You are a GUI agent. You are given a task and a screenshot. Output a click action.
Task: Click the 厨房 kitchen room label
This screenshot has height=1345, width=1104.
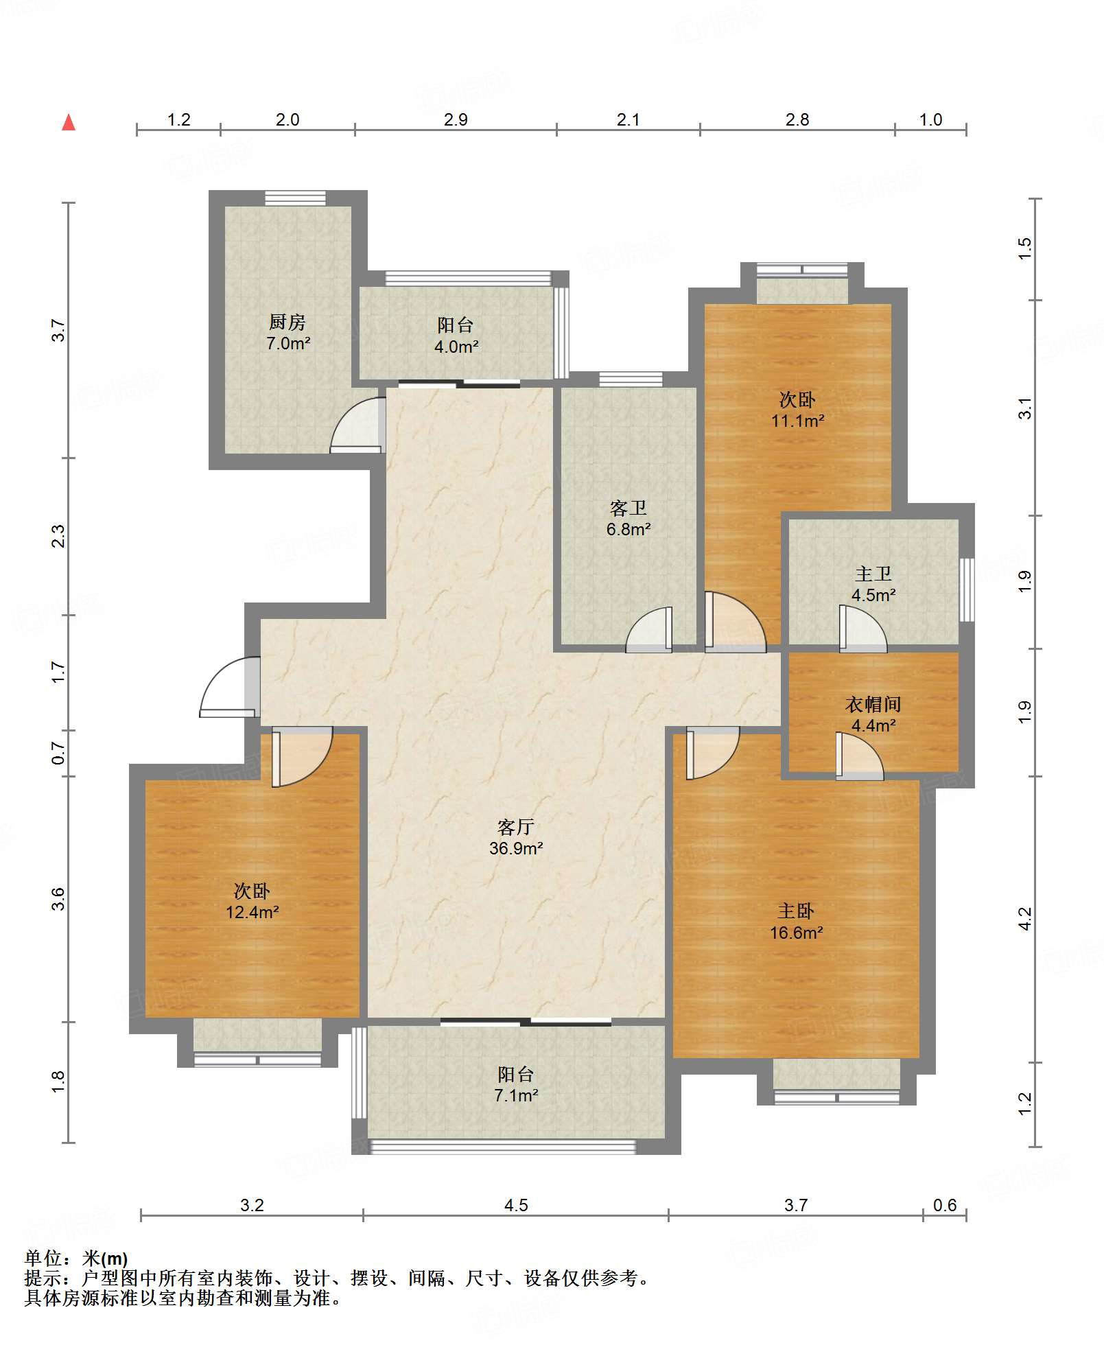[x=287, y=322]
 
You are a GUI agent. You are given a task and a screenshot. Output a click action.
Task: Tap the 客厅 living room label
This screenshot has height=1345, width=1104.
[x=516, y=827]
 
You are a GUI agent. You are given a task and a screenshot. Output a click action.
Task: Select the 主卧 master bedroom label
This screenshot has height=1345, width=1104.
[x=796, y=911]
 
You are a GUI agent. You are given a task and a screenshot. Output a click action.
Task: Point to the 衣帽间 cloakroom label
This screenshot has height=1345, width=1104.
[x=873, y=704]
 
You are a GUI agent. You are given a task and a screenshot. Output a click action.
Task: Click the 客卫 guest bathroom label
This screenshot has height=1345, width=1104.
[x=629, y=508]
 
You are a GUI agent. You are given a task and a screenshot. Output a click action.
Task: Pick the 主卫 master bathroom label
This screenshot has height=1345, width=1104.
[x=873, y=574]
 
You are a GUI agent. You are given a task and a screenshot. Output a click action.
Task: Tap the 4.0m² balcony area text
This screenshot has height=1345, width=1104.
[x=456, y=347]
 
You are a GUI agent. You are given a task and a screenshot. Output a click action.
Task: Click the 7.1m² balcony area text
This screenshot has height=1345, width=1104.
[x=516, y=1095]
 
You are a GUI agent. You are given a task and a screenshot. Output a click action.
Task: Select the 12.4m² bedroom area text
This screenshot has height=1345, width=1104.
[x=252, y=912]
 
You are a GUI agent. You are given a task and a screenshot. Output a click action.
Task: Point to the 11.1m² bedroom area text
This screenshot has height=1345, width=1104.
[x=797, y=421]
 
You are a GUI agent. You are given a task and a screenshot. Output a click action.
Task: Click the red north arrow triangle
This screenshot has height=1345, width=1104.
[x=69, y=123]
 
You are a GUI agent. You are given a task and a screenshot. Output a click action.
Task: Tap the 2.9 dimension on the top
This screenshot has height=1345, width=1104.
[x=456, y=119]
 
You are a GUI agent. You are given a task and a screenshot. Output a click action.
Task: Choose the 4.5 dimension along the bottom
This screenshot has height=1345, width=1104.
[x=516, y=1205]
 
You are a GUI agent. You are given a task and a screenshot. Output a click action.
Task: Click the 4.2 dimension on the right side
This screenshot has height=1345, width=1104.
[x=1024, y=919]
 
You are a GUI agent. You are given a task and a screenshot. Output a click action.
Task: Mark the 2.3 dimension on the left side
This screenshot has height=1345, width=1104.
[x=59, y=536]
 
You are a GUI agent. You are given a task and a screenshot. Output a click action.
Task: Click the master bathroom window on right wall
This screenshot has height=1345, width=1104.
[x=967, y=590]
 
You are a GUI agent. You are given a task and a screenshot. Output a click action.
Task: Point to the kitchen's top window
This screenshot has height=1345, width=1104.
[x=296, y=198]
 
